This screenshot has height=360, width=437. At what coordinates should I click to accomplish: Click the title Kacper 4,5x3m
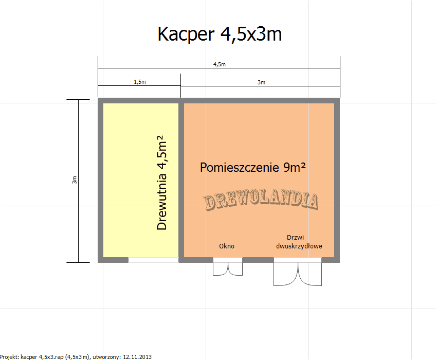pos(220,34)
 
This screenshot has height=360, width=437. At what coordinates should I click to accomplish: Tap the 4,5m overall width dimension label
pos(220,64)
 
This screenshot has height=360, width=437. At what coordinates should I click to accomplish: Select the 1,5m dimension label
pos(140,82)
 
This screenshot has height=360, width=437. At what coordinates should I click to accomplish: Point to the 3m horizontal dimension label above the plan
pos(261,82)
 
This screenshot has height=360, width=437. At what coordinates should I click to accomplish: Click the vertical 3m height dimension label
pos(74,180)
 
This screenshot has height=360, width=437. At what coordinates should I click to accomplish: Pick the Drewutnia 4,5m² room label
pos(161,183)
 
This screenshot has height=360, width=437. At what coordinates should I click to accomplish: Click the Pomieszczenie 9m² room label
pos(253,167)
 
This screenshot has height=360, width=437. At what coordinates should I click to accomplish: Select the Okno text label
pos(227,246)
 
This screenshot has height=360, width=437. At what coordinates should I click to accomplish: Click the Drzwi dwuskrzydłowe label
pos(299,242)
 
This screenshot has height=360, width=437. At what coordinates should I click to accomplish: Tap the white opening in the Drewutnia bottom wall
pos(153,260)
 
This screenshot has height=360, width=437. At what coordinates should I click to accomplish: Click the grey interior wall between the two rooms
pos(181,180)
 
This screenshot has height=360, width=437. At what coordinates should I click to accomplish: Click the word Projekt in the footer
pos(9,356)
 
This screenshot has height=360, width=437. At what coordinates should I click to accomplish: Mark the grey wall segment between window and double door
pos(258,260)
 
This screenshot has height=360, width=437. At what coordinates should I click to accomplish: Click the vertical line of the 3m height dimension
pos(78,181)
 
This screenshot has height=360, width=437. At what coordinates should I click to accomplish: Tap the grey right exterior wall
pos(337,180)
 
